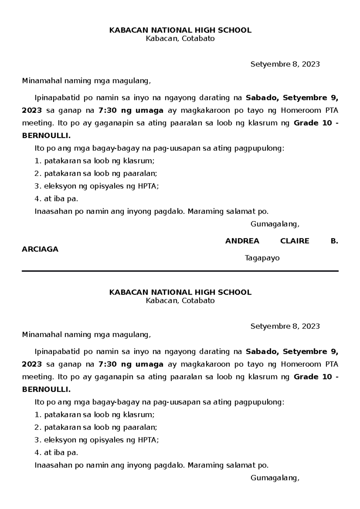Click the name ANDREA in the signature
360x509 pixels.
pos(242,241)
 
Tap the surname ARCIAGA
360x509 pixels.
pos(40,249)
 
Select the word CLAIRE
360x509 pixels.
pos(294,241)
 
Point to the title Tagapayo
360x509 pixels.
pos(262,258)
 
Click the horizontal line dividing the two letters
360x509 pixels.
pos(180,271)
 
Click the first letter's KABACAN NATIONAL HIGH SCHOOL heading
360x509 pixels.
pos(180,30)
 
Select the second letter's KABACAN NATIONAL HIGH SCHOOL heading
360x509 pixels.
pos(180,292)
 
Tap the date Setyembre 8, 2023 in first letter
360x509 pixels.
pos(285,64)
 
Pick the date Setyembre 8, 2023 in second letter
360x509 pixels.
pos(285,326)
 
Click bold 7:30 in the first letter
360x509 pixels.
pos(108,110)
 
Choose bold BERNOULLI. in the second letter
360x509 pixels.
pos(46,389)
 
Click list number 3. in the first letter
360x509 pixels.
pos(38,186)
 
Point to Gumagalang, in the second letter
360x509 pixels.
pos(275,478)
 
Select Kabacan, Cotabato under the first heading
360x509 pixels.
pos(180,38)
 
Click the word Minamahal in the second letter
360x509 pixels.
pos(41,335)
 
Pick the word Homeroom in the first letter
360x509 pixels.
pos(301,110)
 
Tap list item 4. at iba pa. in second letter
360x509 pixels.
pos(56,453)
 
